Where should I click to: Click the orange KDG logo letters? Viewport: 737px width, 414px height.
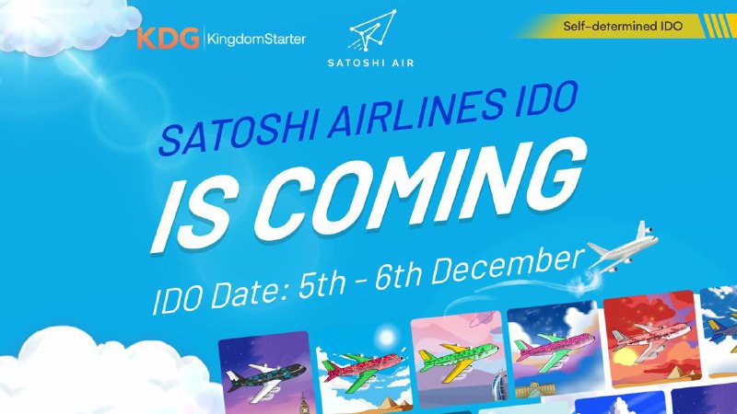pyautogui.click(x=169, y=39)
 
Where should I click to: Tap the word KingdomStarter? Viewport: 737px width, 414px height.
pyautogui.click(x=257, y=39)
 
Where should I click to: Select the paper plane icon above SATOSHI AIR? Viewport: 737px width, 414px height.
pyautogui.click(x=372, y=30)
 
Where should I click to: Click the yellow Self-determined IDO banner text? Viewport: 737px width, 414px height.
pyautogui.click(x=623, y=26)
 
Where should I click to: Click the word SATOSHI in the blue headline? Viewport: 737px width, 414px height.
pyautogui.click(x=240, y=133)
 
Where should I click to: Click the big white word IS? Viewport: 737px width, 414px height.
pyautogui.click(x=193, y=215)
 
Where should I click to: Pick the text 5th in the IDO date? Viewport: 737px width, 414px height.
pyautogui.click(x=322, y=283)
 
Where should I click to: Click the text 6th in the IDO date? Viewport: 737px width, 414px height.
pyautogui.click(x=398, y=276)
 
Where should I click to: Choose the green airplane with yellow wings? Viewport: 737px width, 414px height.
pyautogui.click(x=457, y=358)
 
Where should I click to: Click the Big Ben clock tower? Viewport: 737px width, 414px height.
pyautogui.click(x=304, y=404)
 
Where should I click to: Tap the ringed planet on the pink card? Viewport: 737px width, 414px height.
pyautogui.click(x=482, y=318)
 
